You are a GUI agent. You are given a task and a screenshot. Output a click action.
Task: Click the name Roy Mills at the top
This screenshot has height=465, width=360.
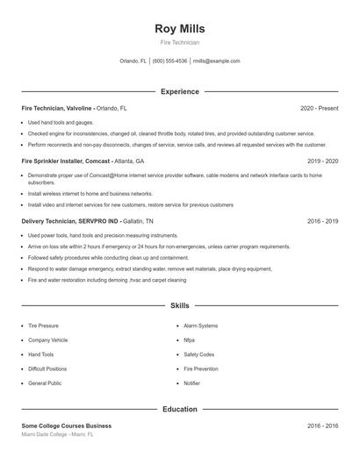click(x=179, y=28)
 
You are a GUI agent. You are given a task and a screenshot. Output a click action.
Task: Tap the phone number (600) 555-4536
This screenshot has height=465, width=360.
click(x=169, y=61)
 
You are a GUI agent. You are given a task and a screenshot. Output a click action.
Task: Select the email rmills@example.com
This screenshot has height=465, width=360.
click(x=216, y=61)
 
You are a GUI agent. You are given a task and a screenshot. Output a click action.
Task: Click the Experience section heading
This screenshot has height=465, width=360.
click(x=179, y=91)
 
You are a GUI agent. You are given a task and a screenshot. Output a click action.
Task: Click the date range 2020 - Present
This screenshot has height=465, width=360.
click(x=319, y=108)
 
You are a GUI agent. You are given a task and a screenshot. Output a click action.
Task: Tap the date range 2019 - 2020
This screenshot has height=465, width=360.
click(x=322, y=161)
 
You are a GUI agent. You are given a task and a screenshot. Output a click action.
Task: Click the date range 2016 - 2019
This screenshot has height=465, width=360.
click(x=322, y=222)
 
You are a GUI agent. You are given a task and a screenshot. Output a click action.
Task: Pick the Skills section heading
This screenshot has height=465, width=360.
click(x=179, y=305)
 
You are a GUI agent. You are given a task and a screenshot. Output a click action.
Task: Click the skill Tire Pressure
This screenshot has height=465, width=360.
click(x=44, y=325)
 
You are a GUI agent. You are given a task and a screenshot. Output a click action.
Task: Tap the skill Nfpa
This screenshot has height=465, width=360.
click(x=190, y=340)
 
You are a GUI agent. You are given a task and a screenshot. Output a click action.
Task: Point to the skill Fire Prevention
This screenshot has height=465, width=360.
click(x=200, y=368)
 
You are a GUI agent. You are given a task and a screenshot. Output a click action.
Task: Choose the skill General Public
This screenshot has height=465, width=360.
click(x=45, y=383)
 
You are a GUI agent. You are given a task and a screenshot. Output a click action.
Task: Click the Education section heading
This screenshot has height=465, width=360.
click(x=179, y=409)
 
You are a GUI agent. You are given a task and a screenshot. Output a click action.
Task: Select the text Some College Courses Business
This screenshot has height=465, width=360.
click(x=67, y=426)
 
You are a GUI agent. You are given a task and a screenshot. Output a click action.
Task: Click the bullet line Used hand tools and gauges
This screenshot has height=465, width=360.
click(x=61, y=122)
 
